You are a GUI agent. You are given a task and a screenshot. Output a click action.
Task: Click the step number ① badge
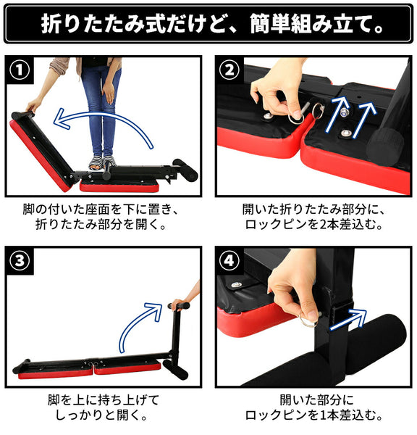[20, 70]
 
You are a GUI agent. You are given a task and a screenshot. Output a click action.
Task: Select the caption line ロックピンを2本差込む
[313, 225]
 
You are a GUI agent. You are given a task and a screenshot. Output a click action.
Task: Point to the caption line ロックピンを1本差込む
[313, 415]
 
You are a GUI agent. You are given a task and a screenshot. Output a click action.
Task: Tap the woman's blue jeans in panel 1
[100, 109]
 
